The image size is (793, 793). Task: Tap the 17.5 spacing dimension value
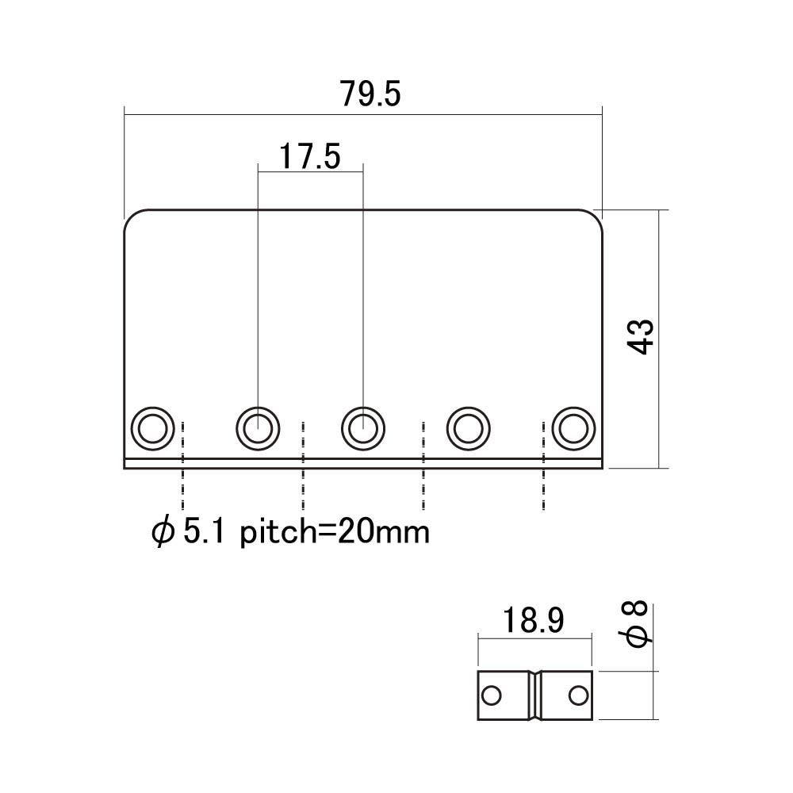(x=310, y=156)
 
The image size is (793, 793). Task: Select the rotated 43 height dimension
(x=641, y=337)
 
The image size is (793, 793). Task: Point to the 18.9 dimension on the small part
(x=534, y=621)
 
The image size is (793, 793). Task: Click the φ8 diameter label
(x=638, y=623)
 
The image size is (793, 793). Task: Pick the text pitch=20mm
(x=335, y=532)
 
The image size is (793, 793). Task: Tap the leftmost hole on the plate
(x=153, y=429)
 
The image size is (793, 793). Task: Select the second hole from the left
(x=258, y=429)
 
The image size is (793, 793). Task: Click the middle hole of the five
(x=363, y=429)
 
